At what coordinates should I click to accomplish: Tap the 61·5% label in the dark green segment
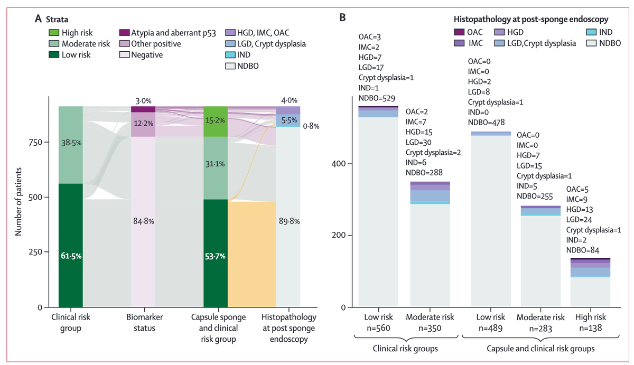click(x=70, y=256)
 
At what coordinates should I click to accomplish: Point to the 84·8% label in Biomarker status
click(x=143, y=222)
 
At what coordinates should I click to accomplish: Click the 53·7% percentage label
click(x=216, y=256)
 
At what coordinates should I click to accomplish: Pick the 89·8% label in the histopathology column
click(x=288, y=222)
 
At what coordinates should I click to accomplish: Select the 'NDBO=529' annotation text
click(x=377, y=98)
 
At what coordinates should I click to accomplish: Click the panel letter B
click(x=342, y=18)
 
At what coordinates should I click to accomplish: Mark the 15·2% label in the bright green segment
click(x=216, y=120)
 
